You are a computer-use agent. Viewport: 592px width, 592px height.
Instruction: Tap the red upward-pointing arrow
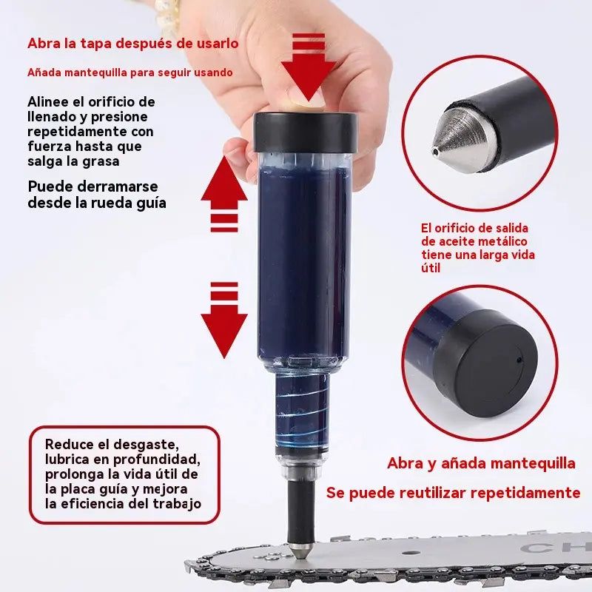pyautogui.click(x=224, y=181)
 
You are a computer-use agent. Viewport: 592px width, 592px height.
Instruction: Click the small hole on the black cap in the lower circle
pyautogui.click(x=519, y=360)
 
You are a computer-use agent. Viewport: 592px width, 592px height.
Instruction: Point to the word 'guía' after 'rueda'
pyautogui.click(x=150, y=202)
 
